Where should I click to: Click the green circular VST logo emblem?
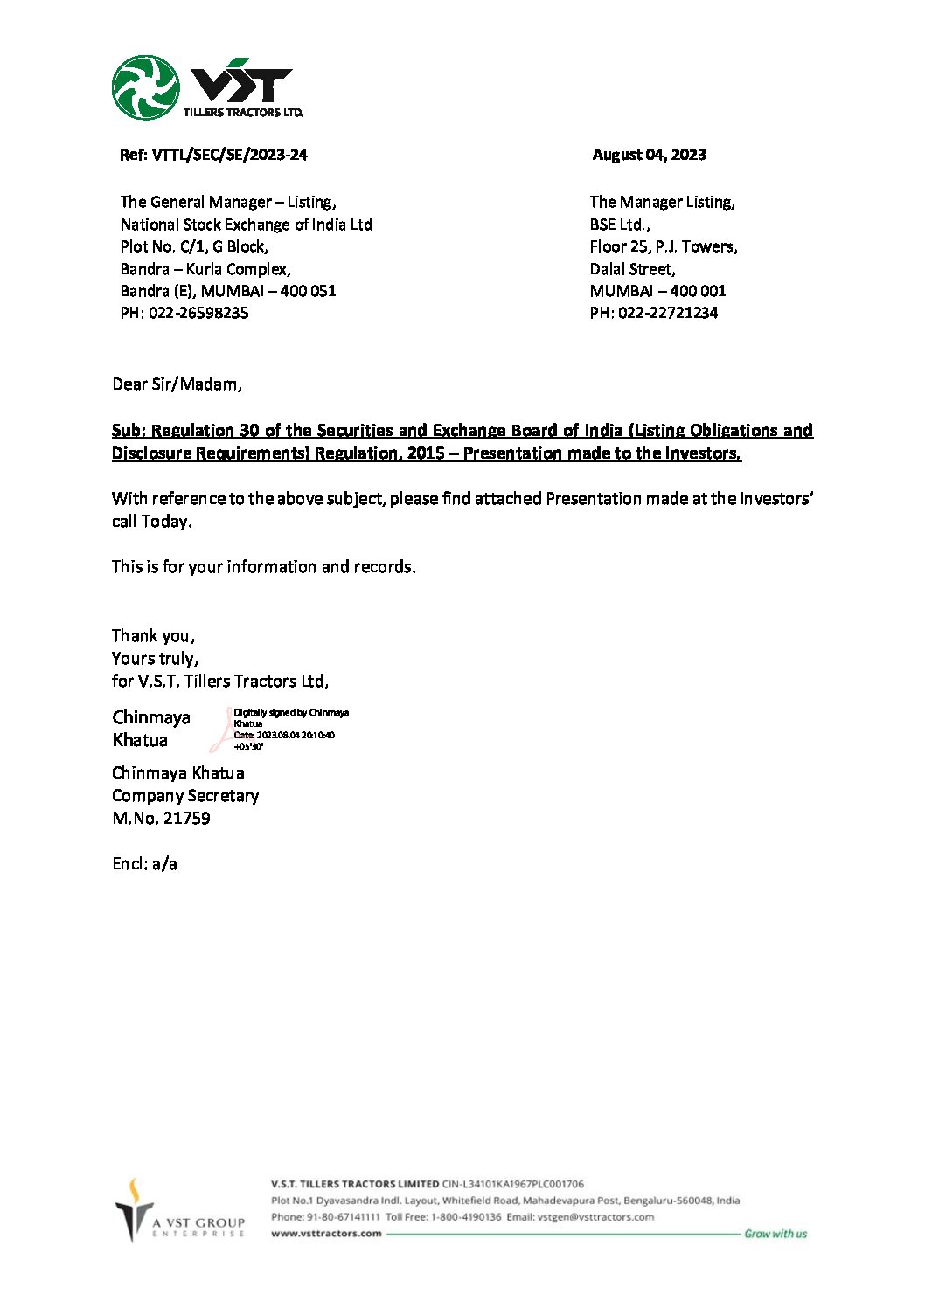point(145,87)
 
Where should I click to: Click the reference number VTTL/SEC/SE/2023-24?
point(230,155)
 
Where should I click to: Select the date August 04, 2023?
point(649,155)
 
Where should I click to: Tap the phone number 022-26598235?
point(198,313)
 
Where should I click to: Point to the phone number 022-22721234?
point(668,313)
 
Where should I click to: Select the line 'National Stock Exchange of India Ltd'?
point(246,225)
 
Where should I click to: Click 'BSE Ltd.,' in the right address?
point(619,225)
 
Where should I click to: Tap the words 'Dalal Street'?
point(631,269)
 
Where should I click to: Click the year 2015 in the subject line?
point(426,453)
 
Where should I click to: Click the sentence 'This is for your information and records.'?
point(263,567)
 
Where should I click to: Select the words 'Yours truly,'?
point(155,659)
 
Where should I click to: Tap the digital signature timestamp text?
point(284,736)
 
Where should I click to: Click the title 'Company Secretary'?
point(185,796)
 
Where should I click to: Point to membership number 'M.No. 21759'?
point(161,819)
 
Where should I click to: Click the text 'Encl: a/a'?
point(144,864)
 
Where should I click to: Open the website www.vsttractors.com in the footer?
point(326,1234)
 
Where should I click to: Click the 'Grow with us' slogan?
point(775,1234)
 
